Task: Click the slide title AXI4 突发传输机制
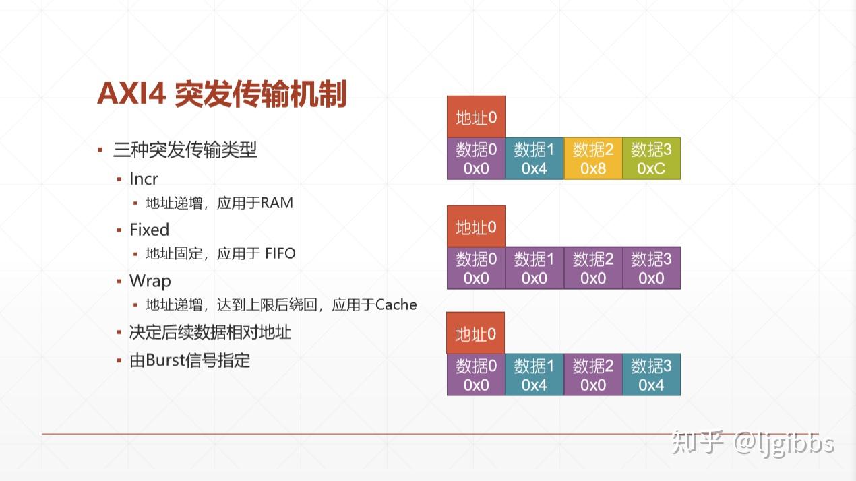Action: (222, 94)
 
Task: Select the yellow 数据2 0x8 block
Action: (592, 158)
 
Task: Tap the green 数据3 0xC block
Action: (651, 158)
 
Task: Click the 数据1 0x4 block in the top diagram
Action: (534, 158)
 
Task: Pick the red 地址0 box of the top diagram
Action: (476, 117)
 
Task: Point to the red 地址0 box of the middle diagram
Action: (476, 226)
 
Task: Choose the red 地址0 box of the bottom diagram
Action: (476, 333)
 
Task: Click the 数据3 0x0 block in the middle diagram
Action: (651, 268)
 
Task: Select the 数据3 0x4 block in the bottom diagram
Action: (651, 375)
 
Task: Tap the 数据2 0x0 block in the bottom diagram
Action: (592, 375)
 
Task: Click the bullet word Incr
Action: (144, 179)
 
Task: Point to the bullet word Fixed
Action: (150, 230)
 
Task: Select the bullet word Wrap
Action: (150, 281)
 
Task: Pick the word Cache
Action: (396, 305)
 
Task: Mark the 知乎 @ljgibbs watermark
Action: (753, 444)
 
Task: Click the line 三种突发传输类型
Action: (185, 150)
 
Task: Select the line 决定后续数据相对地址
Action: (210, 332)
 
